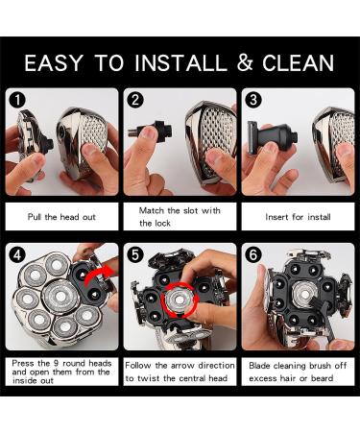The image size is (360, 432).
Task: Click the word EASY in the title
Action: [x=54, y=62]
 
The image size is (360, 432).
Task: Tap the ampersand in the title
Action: [x=245, y=62]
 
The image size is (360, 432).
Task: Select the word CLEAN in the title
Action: [x=299, y=62]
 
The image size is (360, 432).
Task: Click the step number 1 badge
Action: [x=17, y=100]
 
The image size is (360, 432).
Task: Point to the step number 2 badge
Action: [x=135, y=100]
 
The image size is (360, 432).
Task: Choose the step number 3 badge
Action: [x=253, y=100]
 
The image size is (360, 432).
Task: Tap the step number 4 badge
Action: [x=17, y=255]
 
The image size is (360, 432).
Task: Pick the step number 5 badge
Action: [x=135, y=255]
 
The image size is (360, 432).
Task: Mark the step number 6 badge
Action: [x=253, y=255]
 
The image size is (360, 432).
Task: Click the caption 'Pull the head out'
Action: [x=61, y=217]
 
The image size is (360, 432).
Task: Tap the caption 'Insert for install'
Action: [x=298, y=217]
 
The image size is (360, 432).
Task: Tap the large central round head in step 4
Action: [x=60, y=297]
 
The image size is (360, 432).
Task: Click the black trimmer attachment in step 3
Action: [x=273, y=136]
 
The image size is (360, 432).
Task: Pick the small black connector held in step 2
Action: [x=151, y=131]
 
